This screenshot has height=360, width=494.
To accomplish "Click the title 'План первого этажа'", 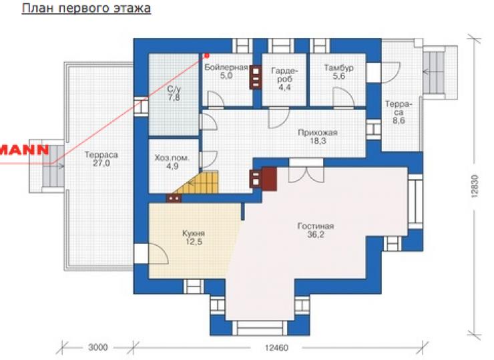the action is point(86,9).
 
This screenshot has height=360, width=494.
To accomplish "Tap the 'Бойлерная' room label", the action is point(226,67).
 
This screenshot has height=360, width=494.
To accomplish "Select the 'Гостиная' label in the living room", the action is point(315,226).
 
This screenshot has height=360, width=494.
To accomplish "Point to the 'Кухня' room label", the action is point(194,234).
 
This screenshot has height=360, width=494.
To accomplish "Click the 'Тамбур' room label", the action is point(338,67).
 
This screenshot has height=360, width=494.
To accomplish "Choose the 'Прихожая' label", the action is point(318,132).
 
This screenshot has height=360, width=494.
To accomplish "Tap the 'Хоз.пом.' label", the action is point(172,158).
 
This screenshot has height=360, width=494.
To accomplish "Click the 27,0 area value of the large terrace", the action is point(101,163).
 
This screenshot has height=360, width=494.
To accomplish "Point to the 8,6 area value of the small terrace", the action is point(399,120).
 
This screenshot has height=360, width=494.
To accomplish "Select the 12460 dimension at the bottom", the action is point(276,348).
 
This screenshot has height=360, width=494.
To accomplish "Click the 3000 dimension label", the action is point(97,347).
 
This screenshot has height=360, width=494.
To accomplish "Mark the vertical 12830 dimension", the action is point(475,186).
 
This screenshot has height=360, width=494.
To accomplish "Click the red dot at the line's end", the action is point(207,56).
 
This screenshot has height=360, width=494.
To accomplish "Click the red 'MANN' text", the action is point(25,150).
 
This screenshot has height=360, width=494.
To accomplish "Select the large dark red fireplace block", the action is point(270,179).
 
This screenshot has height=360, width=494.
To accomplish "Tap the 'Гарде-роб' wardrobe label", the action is point(284,79).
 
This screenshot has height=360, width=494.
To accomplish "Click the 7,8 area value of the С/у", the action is point(174,98).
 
